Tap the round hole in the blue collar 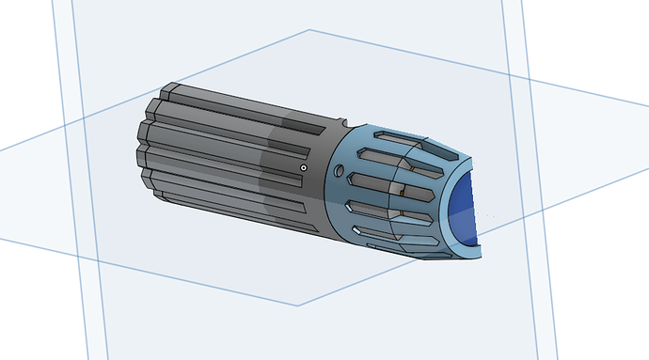pyautogui.click(x=340, y=171)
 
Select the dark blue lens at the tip pyautogui.click(x=463, y=209)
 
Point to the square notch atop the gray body pyautogui.click(x=339, y=119)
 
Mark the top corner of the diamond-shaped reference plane pyautogui.click(x=309, y=30)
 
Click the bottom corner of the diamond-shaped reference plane pyautogui.click(x=299, y=305)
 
